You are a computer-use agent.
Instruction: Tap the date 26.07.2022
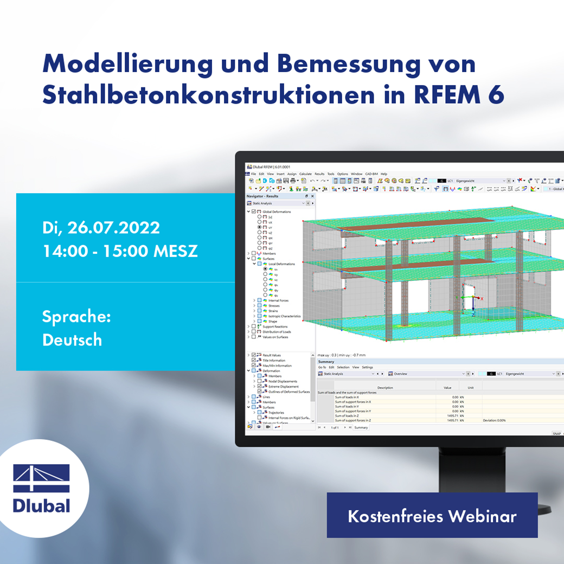pos(113,228)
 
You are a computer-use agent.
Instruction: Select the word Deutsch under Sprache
pos(72,340)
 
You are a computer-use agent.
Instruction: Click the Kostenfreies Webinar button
pos(432,516)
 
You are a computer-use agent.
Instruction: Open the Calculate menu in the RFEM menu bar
pos(305,174)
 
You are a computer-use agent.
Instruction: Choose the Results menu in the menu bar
pos(319,174)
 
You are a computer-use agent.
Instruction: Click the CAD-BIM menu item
pos(371,174)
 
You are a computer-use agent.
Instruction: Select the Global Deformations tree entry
pos(277,211)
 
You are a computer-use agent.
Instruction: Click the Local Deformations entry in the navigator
pos(281,264)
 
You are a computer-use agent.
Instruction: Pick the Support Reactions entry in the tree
pos(275,326)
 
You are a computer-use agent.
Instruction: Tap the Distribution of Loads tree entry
pos(277,332)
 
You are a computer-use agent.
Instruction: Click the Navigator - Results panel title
pos(262,196)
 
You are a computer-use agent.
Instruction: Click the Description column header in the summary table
pos(385,388)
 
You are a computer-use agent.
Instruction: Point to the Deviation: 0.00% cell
pos(494,420)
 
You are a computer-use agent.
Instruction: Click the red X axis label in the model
pos(482,298)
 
